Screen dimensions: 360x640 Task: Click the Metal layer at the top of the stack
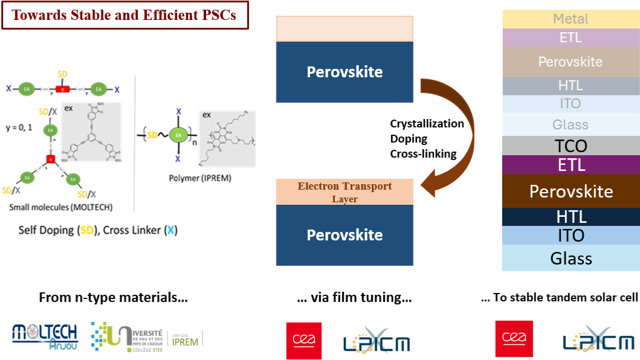point(571,19)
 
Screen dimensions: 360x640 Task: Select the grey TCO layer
point(571,146)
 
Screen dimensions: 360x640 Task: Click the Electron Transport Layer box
point(344,192)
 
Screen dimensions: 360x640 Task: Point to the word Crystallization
point(427,124)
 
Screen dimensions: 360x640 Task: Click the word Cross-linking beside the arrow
point(423,154)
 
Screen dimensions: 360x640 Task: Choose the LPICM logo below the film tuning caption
point(376,340)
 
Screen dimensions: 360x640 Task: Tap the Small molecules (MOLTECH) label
point(61,207)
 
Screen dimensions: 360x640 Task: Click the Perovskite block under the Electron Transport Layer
point(344,235)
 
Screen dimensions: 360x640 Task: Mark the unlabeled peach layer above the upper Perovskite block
point(344,29)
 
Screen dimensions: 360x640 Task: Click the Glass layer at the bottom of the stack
point(571,259)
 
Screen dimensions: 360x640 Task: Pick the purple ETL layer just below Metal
point(571,37)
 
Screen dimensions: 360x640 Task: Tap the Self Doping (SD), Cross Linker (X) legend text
point(98,230)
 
